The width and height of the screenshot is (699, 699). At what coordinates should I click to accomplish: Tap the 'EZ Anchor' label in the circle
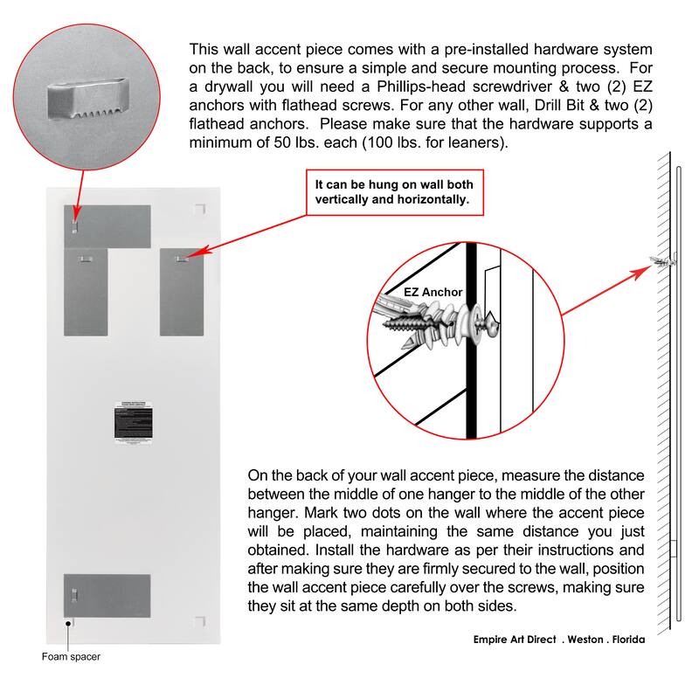point(433,292)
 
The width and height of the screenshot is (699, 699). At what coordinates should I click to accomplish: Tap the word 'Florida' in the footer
point(623,639)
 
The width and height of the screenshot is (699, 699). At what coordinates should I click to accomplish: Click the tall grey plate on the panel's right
point(182,293)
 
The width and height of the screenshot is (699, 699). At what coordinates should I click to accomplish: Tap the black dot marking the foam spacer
point(68,622)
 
